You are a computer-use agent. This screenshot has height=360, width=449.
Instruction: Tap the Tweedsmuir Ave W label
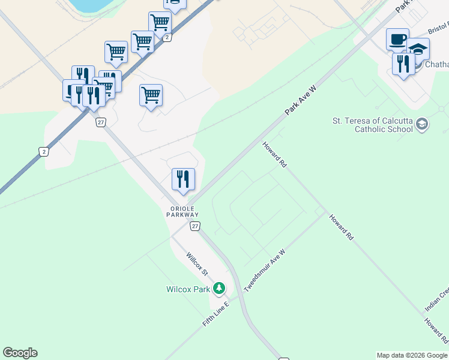pyautogui.click(x=264, y=272)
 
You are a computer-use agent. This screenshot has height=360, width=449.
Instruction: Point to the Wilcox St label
pyautogui.click(x=196, y=265)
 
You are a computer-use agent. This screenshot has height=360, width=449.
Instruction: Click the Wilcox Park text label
pyautogui.click(x=188, y=289)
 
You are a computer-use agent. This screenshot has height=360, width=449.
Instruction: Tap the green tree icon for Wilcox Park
pyautogui.click(x=220, y=289)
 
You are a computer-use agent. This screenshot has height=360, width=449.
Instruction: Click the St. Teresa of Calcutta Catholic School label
pyautogui.click(x=373, y=124)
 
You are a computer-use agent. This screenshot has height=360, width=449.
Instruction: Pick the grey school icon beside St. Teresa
pyautogui.click(x=422, y=124)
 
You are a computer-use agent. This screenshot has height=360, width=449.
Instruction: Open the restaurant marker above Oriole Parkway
pyautogui.click(x=183, y=179)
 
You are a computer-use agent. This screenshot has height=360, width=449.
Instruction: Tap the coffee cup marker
pyautogui.click(x=397, y=40)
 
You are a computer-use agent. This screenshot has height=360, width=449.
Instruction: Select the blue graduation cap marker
pyautogui.click(x=418, y=49)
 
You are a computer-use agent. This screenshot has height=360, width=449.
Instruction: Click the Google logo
pyautogui.click(x=20, y=353)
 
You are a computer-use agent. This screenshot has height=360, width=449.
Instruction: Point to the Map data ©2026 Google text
pyautogui.click(x=412, y=355)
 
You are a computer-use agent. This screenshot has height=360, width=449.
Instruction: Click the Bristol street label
pyautogui.click(x=438, y=29)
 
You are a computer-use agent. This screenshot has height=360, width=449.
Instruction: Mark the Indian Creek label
pyautogui.click(x=436, y=299)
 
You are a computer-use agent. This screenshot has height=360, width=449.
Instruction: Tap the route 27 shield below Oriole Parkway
pyautogui.click(x=195, y=226)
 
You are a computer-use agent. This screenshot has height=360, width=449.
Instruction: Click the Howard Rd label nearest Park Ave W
pyautogui.click(x=274, y=155)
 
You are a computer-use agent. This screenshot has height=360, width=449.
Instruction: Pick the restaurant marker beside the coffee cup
pyautogui.click(x=403, y=64)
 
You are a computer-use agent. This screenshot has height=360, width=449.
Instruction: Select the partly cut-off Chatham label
pyautogui.click(x=436, y=64)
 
